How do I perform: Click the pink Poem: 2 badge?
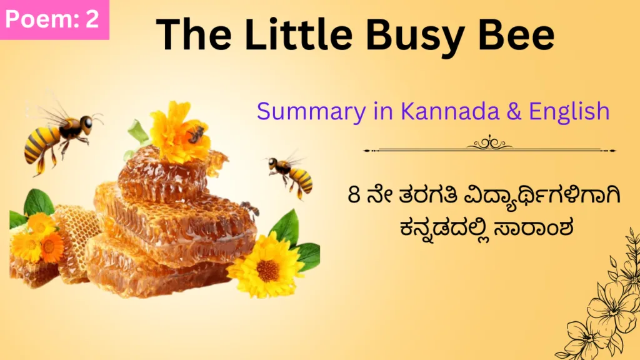(x=54, y=19)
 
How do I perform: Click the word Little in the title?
(x=298, y=34)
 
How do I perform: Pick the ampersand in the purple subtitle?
(x=514, y=111)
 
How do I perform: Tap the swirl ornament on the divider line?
(x=490, y=143)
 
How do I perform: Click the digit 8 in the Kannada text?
(x=354, y=195)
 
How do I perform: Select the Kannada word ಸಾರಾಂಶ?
(x=533, y=227)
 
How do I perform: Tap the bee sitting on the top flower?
(x=196, y=134)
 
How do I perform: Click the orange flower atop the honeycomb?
(x=179, y=132)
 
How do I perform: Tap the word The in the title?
(x=194, y=34)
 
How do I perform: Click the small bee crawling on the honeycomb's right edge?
(x=250, y=207)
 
